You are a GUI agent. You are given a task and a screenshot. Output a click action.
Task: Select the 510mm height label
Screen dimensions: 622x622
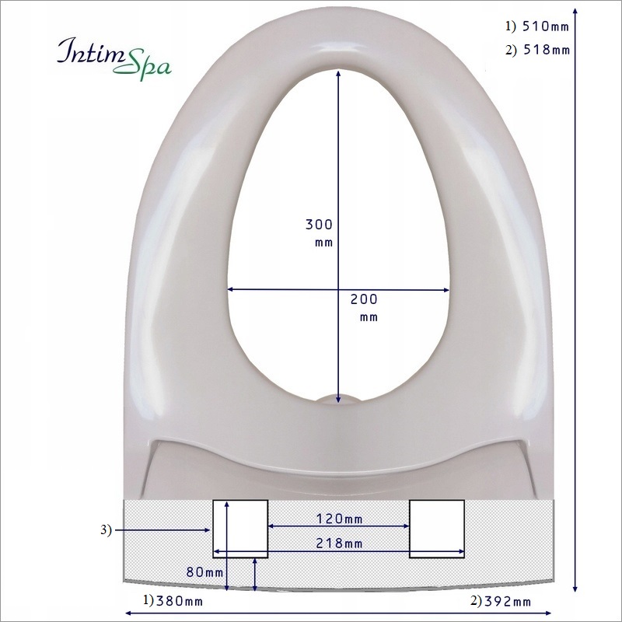click(x=537, y=26)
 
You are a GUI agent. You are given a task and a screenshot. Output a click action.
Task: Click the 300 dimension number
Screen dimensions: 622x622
click(x=319, y=225)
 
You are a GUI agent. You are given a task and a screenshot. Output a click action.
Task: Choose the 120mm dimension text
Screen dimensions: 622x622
click(x=339, y=518)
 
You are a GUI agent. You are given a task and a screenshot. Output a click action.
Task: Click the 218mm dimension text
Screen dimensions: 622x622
click(x=339, y=543)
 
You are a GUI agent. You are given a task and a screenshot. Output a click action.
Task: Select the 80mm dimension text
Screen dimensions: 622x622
click(x=201, y=571)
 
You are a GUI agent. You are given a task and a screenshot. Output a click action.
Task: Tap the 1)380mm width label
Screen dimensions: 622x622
click(x=172, y=601)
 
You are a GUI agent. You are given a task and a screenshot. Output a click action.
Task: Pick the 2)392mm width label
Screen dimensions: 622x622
click(x=501, y=601)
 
